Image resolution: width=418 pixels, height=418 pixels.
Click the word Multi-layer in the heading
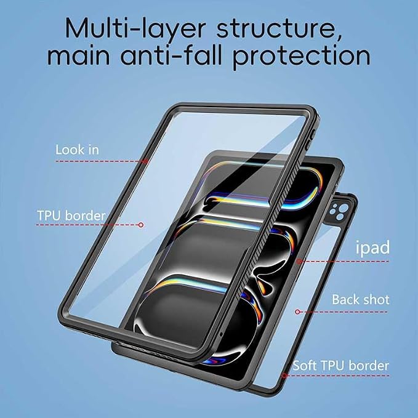click(x=135, y=28)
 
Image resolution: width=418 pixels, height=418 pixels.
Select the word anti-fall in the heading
click(x=171, y=55)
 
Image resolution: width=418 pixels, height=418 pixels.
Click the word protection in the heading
click(x=302, y=57)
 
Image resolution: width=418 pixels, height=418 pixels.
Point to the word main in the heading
click(x=79, y=56)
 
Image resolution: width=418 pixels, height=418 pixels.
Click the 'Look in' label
click(x=77, y=150)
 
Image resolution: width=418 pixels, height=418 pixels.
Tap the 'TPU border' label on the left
click(x=71, y=215)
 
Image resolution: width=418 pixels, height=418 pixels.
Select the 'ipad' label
click(x=372, y=248)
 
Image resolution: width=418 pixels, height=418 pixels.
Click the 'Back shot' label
click(x=360, y=299)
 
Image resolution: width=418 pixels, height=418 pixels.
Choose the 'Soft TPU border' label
click(x=341, y=366)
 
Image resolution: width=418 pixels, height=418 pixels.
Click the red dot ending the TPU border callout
click(x=141, y=225)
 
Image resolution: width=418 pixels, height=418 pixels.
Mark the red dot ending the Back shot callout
click(x=298, y=312)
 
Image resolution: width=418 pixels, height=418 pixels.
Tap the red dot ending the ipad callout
click(x=299, y=261)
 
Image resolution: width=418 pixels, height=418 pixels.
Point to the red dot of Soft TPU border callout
click(x=284, y=376)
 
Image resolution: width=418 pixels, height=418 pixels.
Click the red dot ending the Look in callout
click(x=145, y=161)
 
